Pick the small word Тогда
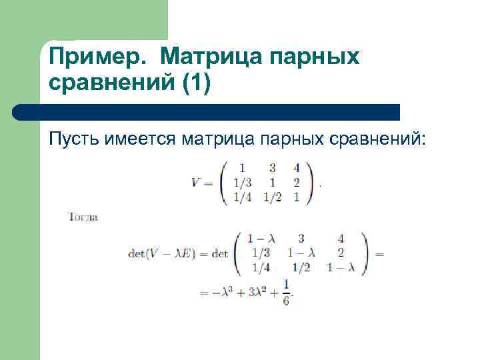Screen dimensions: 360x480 coord(83,217)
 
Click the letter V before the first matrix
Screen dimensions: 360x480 coord(196,183)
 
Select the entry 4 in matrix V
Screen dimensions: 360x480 coord(296,169)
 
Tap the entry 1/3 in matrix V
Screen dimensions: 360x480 coord(242,183)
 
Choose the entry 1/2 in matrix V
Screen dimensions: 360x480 coord(272,197)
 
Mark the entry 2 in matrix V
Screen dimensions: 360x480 coord(296,183)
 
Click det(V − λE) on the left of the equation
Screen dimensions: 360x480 coord(162,253)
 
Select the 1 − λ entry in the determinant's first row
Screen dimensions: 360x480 coord(261,238)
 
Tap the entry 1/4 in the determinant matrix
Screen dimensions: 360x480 coord(261,267)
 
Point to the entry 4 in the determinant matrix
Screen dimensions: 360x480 coord(341,238)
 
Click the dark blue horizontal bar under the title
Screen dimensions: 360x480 coord(207,111)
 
